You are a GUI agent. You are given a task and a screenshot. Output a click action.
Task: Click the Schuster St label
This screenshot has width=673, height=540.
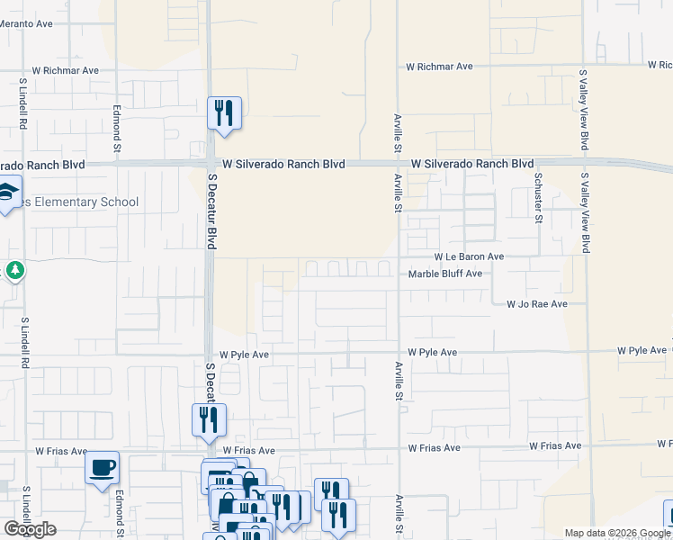[x=539, y=196]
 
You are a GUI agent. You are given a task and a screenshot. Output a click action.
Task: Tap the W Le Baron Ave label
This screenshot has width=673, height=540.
[x=469, y=256]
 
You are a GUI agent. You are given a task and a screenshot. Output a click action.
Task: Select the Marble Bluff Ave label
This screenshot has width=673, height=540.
[x=445, y=274]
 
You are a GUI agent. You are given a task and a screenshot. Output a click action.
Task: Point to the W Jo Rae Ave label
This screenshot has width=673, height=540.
[x=536, y=304]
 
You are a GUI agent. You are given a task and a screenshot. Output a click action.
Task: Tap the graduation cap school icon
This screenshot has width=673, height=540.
[x=7, y=194]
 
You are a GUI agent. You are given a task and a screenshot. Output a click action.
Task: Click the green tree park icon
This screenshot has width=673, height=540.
[x=14, y=269]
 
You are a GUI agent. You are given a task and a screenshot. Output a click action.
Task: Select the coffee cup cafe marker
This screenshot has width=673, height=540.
[x=102, y=467]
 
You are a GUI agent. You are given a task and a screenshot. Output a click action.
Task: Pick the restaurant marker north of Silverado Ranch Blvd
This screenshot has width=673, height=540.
[x=225, y=113]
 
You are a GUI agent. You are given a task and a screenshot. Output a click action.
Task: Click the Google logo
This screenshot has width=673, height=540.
[x=30, y=529]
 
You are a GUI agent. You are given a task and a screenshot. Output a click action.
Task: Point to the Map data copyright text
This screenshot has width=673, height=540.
[x=617, y=533]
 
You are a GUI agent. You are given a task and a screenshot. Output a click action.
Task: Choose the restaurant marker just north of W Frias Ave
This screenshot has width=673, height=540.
[x=209, y=419]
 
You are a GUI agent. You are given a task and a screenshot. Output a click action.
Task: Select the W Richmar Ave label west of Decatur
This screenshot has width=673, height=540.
[x=65, y=69]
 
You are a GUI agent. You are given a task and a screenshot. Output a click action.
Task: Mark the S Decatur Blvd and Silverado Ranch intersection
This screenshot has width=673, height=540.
[x=210, y=164]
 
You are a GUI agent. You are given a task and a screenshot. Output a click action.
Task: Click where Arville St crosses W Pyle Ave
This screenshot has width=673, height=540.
[x=398, y=352]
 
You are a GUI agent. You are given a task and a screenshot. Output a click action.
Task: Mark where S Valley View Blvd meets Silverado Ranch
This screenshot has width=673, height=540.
[x=585, y=163]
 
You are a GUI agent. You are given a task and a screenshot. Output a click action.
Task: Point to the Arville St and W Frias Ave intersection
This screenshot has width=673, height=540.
[x=398, y=447]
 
